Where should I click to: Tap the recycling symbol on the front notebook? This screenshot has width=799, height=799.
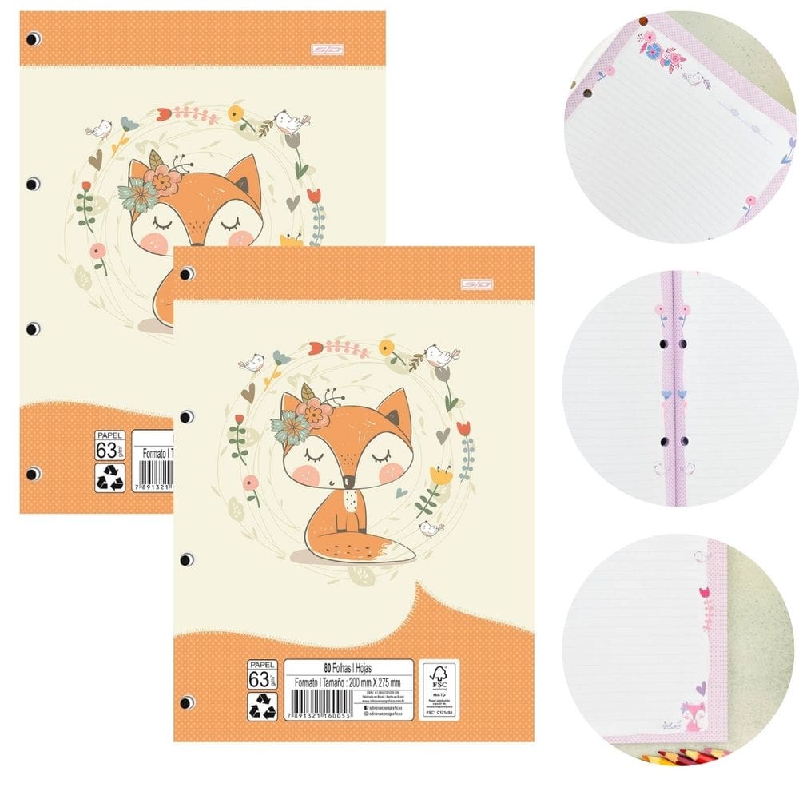pos(262,706)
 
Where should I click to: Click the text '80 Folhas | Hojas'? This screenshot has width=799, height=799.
pos(348,666)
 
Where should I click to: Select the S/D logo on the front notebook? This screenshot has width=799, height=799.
pos(476,284)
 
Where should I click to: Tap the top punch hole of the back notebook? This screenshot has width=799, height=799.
pos(33,38)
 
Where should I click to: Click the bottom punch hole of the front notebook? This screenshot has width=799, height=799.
pos(187,701)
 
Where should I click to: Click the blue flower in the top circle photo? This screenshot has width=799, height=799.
pos(654,51)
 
